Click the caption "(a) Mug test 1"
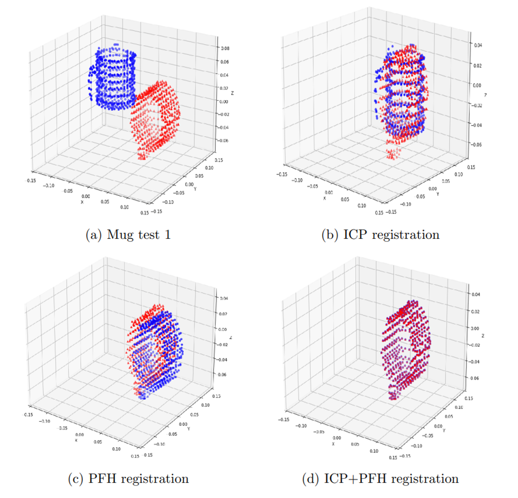[x=128, y=235]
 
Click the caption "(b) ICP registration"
[x=380, y=235]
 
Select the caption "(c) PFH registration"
[x=128, y=479]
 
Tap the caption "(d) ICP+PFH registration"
[x=380, y=479]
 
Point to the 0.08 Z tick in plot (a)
[x=225, y=48]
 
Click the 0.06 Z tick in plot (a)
[x=225, y=62]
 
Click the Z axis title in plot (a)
[x=232, y=93]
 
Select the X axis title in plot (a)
[x=82, y=202]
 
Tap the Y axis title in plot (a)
[x=195, y=189]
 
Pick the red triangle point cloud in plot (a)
[x=156, y=119]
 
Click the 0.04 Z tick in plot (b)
[x=478, y=45]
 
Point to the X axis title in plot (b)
[x=325, y=198]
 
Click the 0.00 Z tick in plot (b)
[x=477, y=85]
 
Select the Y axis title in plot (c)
[x=189, y=429]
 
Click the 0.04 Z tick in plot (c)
[x=224, y=298]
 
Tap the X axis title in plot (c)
[x=76, y=440]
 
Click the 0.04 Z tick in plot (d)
[x=476, y=294]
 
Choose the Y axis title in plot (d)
[x=444, y=431]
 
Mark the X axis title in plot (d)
[x=333, y=444]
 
